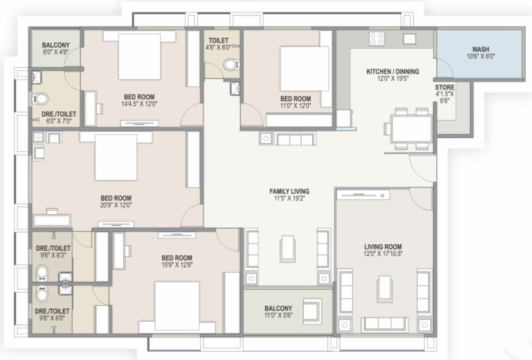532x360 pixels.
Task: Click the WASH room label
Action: (x=480, y=49)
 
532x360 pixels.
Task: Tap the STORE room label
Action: (x=445, y=87)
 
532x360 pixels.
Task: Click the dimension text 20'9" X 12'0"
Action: (x=116, y=205)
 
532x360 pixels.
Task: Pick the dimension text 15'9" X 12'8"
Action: (x=176, y=265)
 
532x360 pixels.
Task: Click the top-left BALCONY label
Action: (x=56, y=45)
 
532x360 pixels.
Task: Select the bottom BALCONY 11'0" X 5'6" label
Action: (x=278, y=308)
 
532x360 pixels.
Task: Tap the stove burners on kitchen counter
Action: (x=376, y=39)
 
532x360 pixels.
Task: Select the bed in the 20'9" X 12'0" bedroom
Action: (x=117, y=157)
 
